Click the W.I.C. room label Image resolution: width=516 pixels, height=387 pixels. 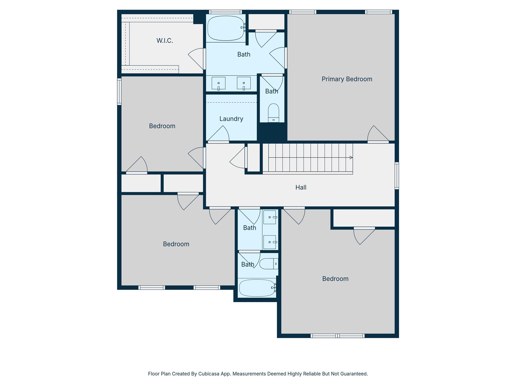click(165, 41)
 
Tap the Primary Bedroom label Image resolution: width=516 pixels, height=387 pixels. click(347, 79)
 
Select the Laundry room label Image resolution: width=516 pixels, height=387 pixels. click(231, 119)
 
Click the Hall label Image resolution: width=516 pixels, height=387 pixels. click(301, 187)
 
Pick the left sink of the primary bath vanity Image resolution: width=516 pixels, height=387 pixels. click(218, 83)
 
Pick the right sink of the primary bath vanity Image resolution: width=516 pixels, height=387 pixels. click(244, 83)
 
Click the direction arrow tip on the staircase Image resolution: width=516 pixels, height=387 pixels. click(351, 157)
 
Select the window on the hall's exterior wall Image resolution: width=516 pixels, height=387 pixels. click(397, 176)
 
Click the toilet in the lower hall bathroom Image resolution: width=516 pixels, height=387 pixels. click(268, 264)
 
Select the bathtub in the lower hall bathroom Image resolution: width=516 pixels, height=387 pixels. click(256, 288)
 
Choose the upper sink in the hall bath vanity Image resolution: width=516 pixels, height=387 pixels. click(270, 217)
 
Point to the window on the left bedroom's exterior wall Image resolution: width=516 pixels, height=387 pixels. click(119, 91)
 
